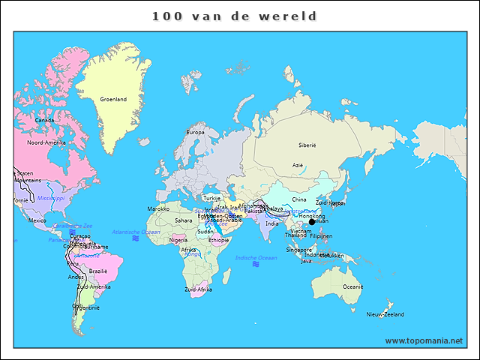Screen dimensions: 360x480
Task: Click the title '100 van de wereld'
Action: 234,16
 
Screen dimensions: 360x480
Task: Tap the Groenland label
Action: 114,99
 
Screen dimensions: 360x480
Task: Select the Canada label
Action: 44,120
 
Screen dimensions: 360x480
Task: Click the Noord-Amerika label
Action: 46,142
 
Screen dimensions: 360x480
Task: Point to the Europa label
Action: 195,133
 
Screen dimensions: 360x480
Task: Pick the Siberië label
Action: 307,145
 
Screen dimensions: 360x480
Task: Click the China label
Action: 299,199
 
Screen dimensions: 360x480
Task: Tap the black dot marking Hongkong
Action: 312,221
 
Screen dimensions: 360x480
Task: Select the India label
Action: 271,223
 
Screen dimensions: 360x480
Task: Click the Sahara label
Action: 183,220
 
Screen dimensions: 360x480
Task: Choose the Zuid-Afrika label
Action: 199,289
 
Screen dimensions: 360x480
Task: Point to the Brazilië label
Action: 98,271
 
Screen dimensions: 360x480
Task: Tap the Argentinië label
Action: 85,307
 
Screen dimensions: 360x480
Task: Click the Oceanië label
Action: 353,286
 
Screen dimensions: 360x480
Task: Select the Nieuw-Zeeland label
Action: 385,314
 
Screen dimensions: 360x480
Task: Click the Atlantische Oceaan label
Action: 136,232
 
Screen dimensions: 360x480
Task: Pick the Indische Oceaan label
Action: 256,258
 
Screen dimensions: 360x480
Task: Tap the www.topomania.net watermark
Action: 424,340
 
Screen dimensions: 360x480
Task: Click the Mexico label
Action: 37,220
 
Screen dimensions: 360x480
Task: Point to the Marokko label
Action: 158,208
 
